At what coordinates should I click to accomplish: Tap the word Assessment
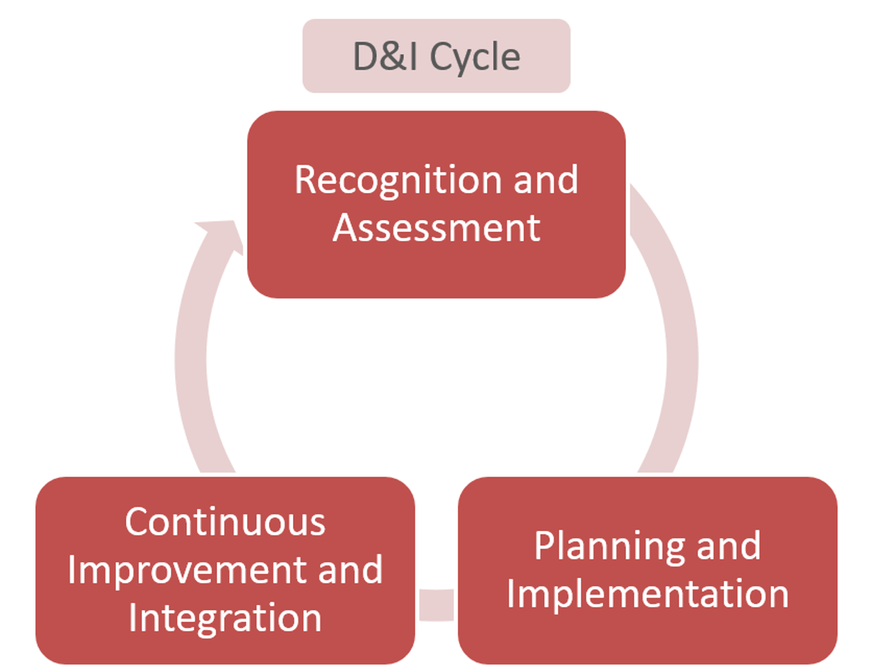tap(436, 229)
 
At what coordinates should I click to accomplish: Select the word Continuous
tap(225, 522)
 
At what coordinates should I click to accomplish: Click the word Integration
tap(225, 618)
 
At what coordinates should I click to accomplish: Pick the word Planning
tap(609, 546)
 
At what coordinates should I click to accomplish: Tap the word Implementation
tap(648, 594)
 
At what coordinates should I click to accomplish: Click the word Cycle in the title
tap(475, 57)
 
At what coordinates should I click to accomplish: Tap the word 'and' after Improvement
tap(350, 570)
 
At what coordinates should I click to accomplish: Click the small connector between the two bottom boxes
tap(436, 604)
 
